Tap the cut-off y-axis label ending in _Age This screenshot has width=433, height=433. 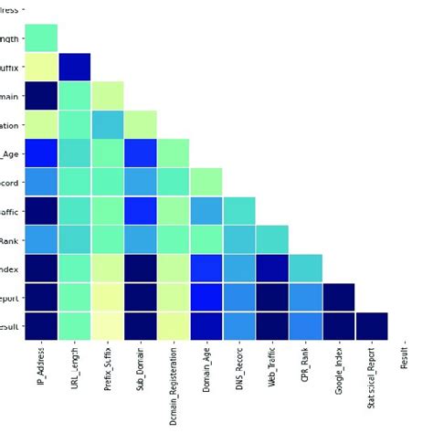tap(13, 153)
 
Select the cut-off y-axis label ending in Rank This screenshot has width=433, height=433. tap(14, 239)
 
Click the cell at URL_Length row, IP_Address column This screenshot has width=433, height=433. tap(41, 37)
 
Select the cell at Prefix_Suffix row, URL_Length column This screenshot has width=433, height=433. tap(74, 67)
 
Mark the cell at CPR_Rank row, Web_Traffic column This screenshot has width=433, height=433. tap(272, 239)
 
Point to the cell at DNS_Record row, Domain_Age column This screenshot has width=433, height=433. tap(206, 182)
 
